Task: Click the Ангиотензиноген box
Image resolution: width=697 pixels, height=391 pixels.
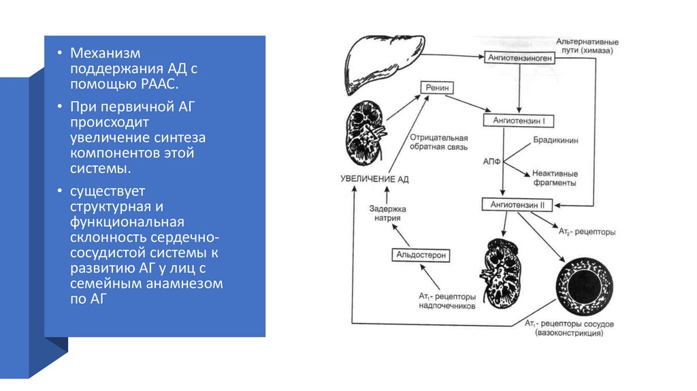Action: (519, 59)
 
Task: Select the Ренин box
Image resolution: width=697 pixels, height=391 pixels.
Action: (436, 87)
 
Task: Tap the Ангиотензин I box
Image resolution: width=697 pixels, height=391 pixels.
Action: (519, 121)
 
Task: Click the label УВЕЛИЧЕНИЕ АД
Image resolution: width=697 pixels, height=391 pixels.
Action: (374, 178)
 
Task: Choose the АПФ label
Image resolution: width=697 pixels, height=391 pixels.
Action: (491, 163)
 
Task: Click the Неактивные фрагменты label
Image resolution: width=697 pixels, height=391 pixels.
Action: (557, 178)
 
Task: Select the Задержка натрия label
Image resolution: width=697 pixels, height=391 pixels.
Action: (387, 213)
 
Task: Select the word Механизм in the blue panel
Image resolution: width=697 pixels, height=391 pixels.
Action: (107, 53)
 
